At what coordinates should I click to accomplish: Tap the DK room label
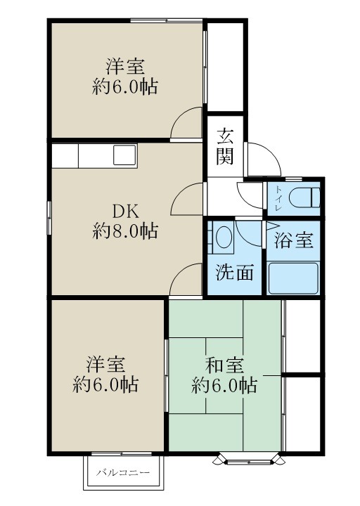point(125,210)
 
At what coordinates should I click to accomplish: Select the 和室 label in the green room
point(225,366)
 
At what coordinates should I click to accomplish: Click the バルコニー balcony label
point(124,473)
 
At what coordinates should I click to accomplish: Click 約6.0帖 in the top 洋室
point(125,87)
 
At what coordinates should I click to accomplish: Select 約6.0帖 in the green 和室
point(225,385)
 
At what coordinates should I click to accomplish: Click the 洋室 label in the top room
point(125,67)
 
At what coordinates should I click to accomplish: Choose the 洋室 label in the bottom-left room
point(106,365)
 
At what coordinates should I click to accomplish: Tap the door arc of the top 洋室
point(188,123)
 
